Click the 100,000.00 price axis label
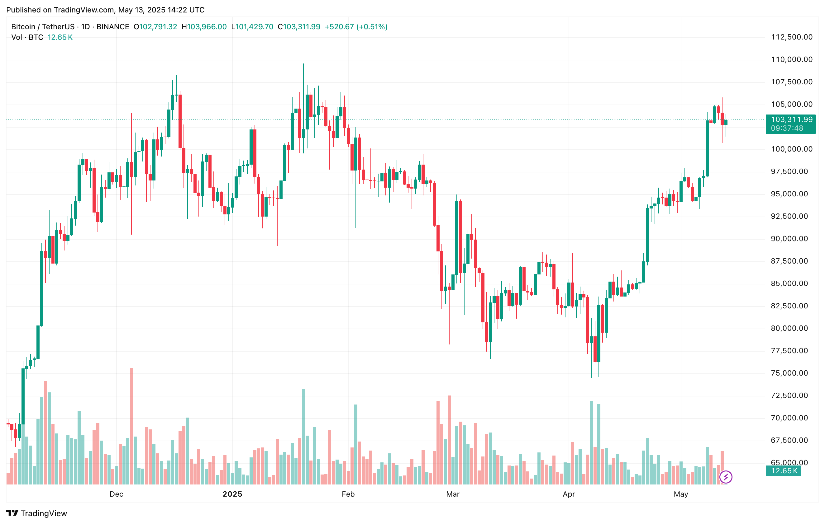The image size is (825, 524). pos(791,149)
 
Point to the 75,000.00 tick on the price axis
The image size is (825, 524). pos(791,373)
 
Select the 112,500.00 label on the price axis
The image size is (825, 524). pos(791,37)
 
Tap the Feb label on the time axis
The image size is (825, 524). pos(348,494)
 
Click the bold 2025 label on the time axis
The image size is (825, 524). pos(232,494)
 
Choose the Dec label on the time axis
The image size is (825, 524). pos(116,494)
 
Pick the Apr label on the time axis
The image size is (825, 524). pos(569,494)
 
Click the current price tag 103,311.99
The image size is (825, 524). pos(791,119)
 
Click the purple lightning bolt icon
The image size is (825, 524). pos(726,477)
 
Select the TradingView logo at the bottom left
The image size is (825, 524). pos(37,513)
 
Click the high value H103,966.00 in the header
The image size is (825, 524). pos(204,27)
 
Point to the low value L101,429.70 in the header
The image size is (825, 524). pos(252,27)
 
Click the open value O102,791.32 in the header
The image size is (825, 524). pos(155,27)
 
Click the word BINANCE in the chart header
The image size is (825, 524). pos(113,27)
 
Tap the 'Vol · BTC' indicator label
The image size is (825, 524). pos(27,37)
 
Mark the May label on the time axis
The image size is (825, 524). pos(681,494)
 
